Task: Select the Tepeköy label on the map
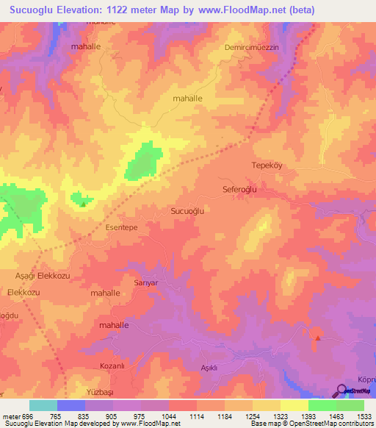tap(267, 165)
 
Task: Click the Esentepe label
tap(122, 228)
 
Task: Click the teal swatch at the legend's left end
tap(43, 405)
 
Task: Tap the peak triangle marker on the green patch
tap(82, 204)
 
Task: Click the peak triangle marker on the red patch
tap(317, 338)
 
